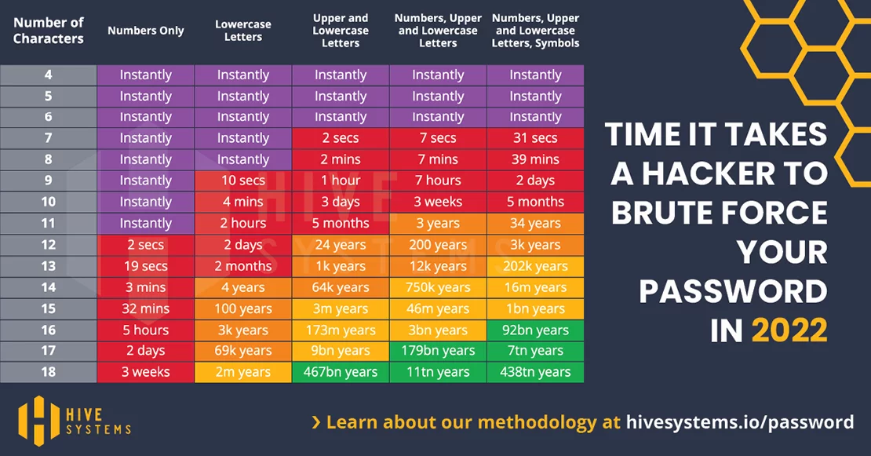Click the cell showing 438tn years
coord(535,372)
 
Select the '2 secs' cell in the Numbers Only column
coord(145,245)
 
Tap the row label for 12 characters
coord(49,245)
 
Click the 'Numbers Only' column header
coord(145,31)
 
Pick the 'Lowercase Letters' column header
coord(243,31)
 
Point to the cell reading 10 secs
coord(243,181)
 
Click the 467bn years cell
coord(341,372)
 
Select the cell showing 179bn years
coord(438,351)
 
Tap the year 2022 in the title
coord(789,330)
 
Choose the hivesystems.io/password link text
coord(740,422)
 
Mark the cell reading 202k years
coord(535,266)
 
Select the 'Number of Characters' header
coord(49,31)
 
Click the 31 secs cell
coord(535,138)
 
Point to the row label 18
coord(49,372)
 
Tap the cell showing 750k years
coord(438,287)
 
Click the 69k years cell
coord(243,351)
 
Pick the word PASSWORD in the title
coord(733,291)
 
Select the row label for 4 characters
coord(49,75)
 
